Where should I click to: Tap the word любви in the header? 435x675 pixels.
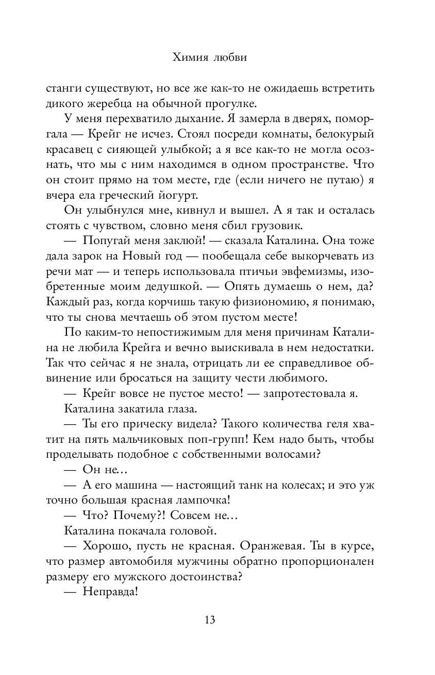click(229, 57)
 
